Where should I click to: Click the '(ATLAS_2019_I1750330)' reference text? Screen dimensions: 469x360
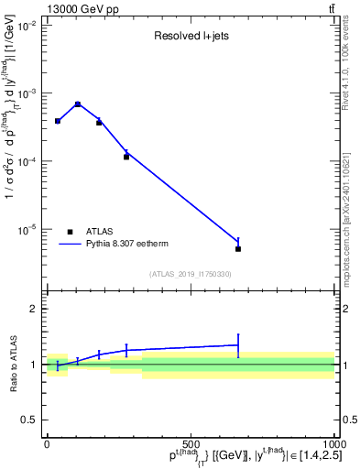(x=190, y=274)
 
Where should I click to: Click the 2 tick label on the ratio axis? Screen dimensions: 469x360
(x=35, y=309)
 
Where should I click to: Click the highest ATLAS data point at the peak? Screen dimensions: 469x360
(x=78, y=104)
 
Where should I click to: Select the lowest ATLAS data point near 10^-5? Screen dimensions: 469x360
(x=238, y=248)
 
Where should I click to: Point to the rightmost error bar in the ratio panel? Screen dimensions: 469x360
(x=238, y=345)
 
